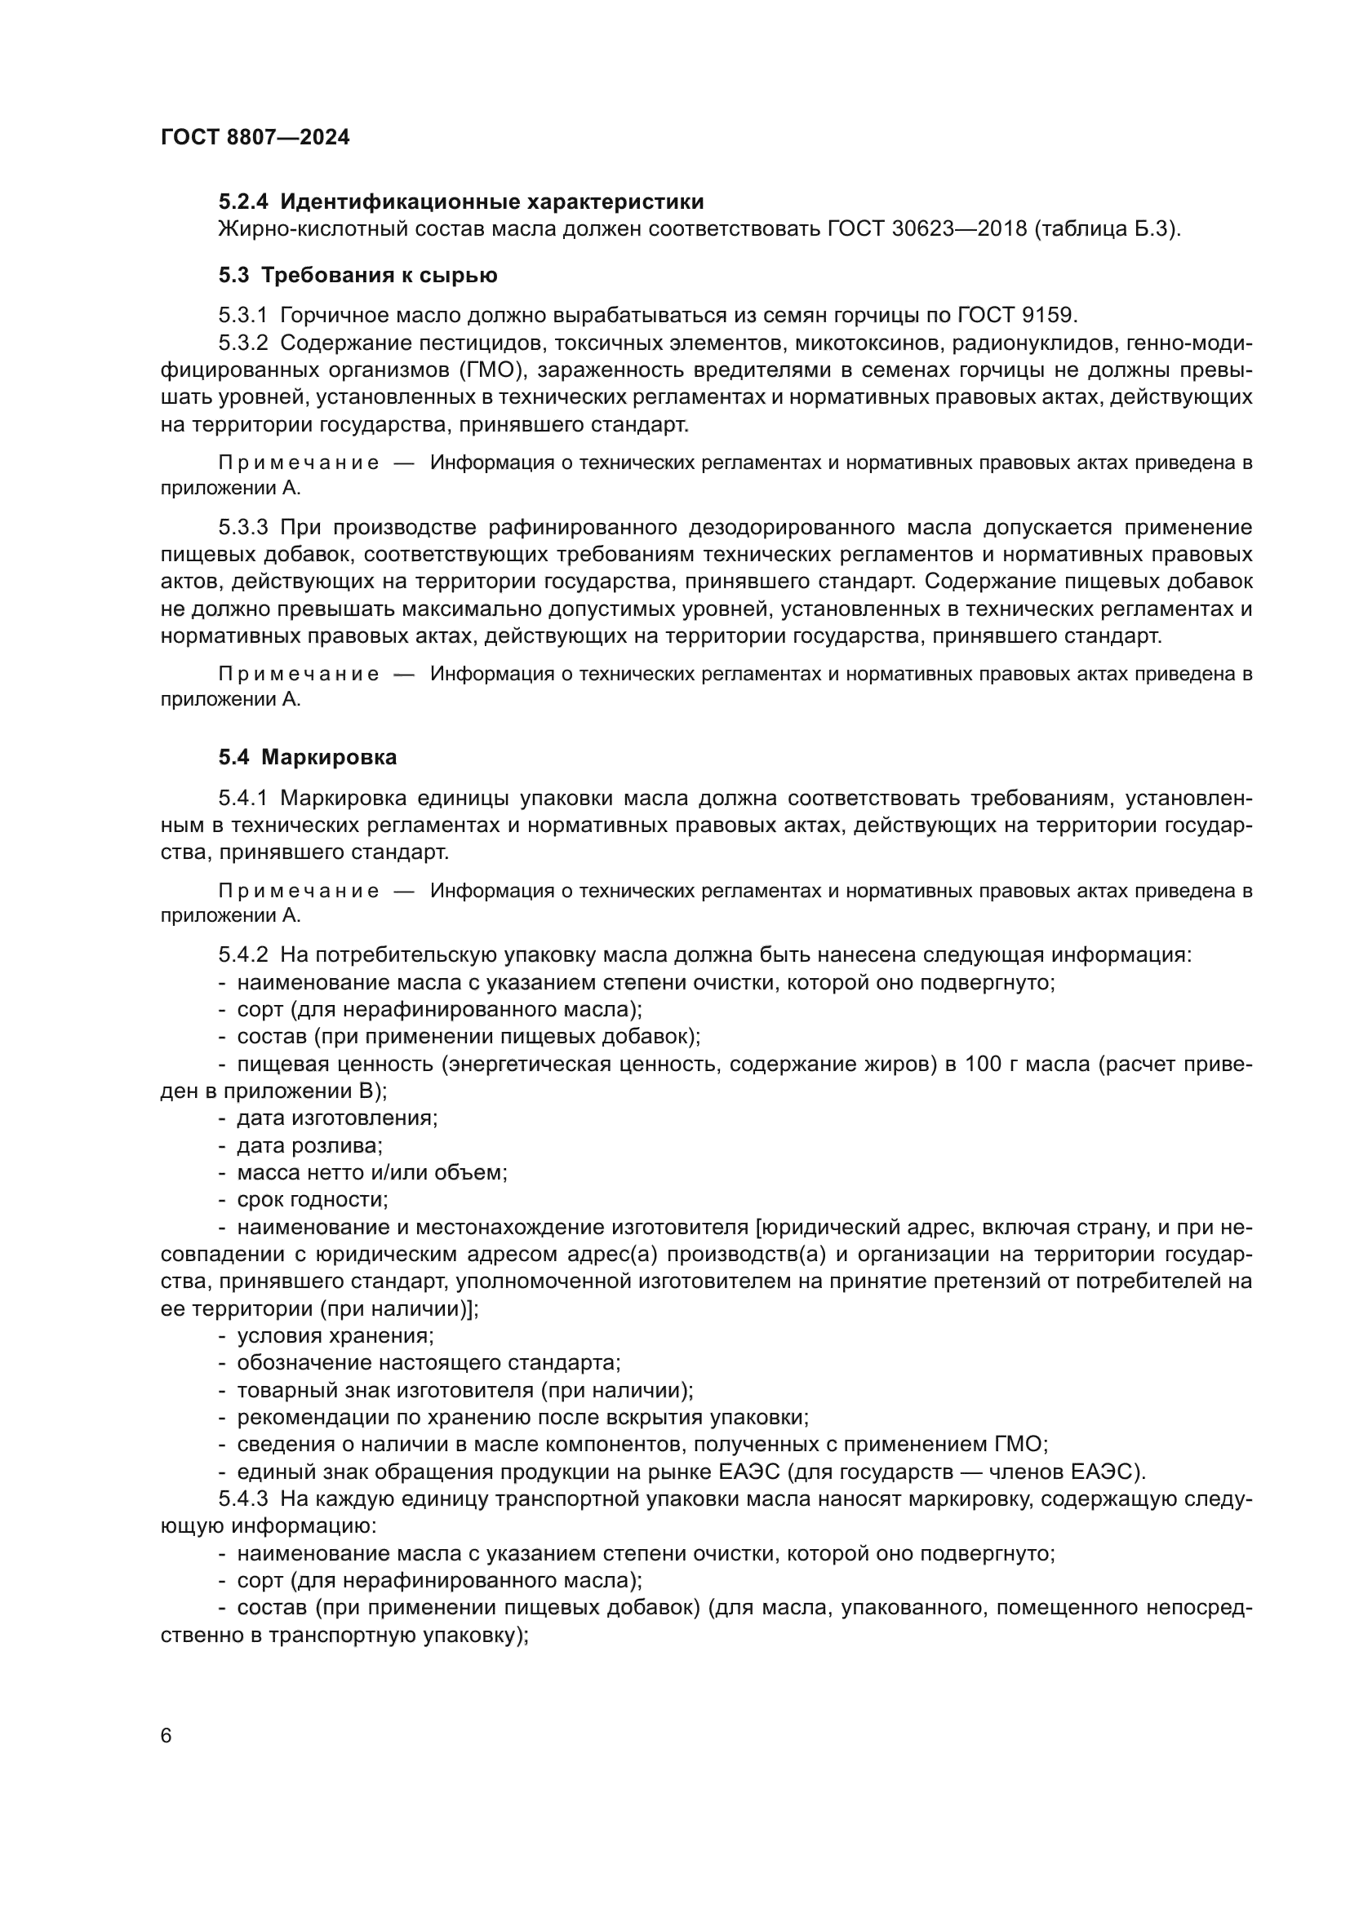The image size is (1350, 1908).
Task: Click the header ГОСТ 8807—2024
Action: coord(255,137)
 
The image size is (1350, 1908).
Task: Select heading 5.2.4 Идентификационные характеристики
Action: coord(461,202)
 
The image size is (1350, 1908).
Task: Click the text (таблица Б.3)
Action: coord(1108,228)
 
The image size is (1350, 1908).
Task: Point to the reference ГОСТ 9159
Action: coord(1018,315)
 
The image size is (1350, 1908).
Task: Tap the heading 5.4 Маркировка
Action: coord(308,757)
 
